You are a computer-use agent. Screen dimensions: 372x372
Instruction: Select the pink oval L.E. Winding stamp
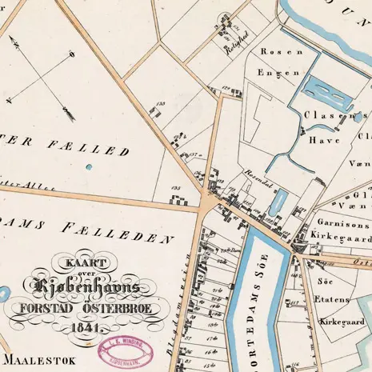126,350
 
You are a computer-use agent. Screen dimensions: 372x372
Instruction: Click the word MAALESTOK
38,361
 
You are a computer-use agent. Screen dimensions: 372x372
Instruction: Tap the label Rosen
282,50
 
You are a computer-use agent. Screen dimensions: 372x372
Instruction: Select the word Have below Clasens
318,138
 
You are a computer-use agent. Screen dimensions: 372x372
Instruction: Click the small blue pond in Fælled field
88,167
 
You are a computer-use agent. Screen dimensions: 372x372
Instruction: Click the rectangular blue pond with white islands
326,95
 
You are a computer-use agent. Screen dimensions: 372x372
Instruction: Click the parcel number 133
161,103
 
